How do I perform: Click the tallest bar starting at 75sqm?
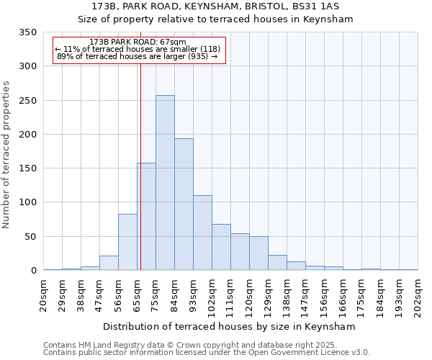pyautogui.click(x=165, y=183)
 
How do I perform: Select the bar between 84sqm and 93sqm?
pyautogui.click(x=184, y=204)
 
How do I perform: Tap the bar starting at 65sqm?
pyautogui.click(x=146, y=217)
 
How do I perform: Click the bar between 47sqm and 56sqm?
pyautogui.click(x=109, y=263)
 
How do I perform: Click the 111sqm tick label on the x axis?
pyautogui.click(x=231, y=294)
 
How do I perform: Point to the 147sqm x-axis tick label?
pyautogui.click(x=306, y=294)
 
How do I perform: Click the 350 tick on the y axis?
pyautogui.click(x=28, y=33)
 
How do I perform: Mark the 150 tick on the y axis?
pyautogui.click(x=28, y=168)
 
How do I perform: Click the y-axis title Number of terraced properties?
pyautogui.click(x=7, y=155)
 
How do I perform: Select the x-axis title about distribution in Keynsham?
pyautogui.click(x=230, y=327)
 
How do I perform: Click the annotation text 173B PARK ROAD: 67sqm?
pyautogui.click(x=139, y=42)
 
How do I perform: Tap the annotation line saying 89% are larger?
pyautogui.click(x=137, y=56)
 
